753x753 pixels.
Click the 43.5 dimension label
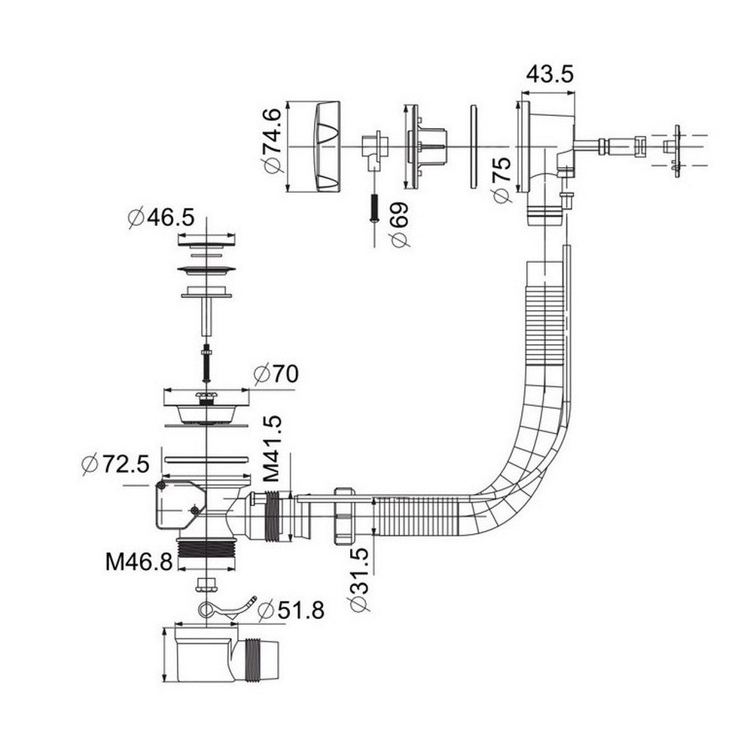point(550,75)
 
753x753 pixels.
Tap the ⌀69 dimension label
point(400,224)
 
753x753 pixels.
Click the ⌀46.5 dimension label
point(161,218)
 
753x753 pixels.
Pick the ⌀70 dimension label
point(276,374)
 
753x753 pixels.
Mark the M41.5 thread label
point(272,449)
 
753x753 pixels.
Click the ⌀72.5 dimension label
point(116,463)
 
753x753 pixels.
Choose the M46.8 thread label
point(139,562)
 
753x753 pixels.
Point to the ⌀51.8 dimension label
point(291,611)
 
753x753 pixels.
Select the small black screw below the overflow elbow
point(374,207)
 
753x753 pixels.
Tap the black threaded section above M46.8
point(206,547)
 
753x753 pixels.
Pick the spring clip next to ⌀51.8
point(226,607)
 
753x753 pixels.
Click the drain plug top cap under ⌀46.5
point(206,241)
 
